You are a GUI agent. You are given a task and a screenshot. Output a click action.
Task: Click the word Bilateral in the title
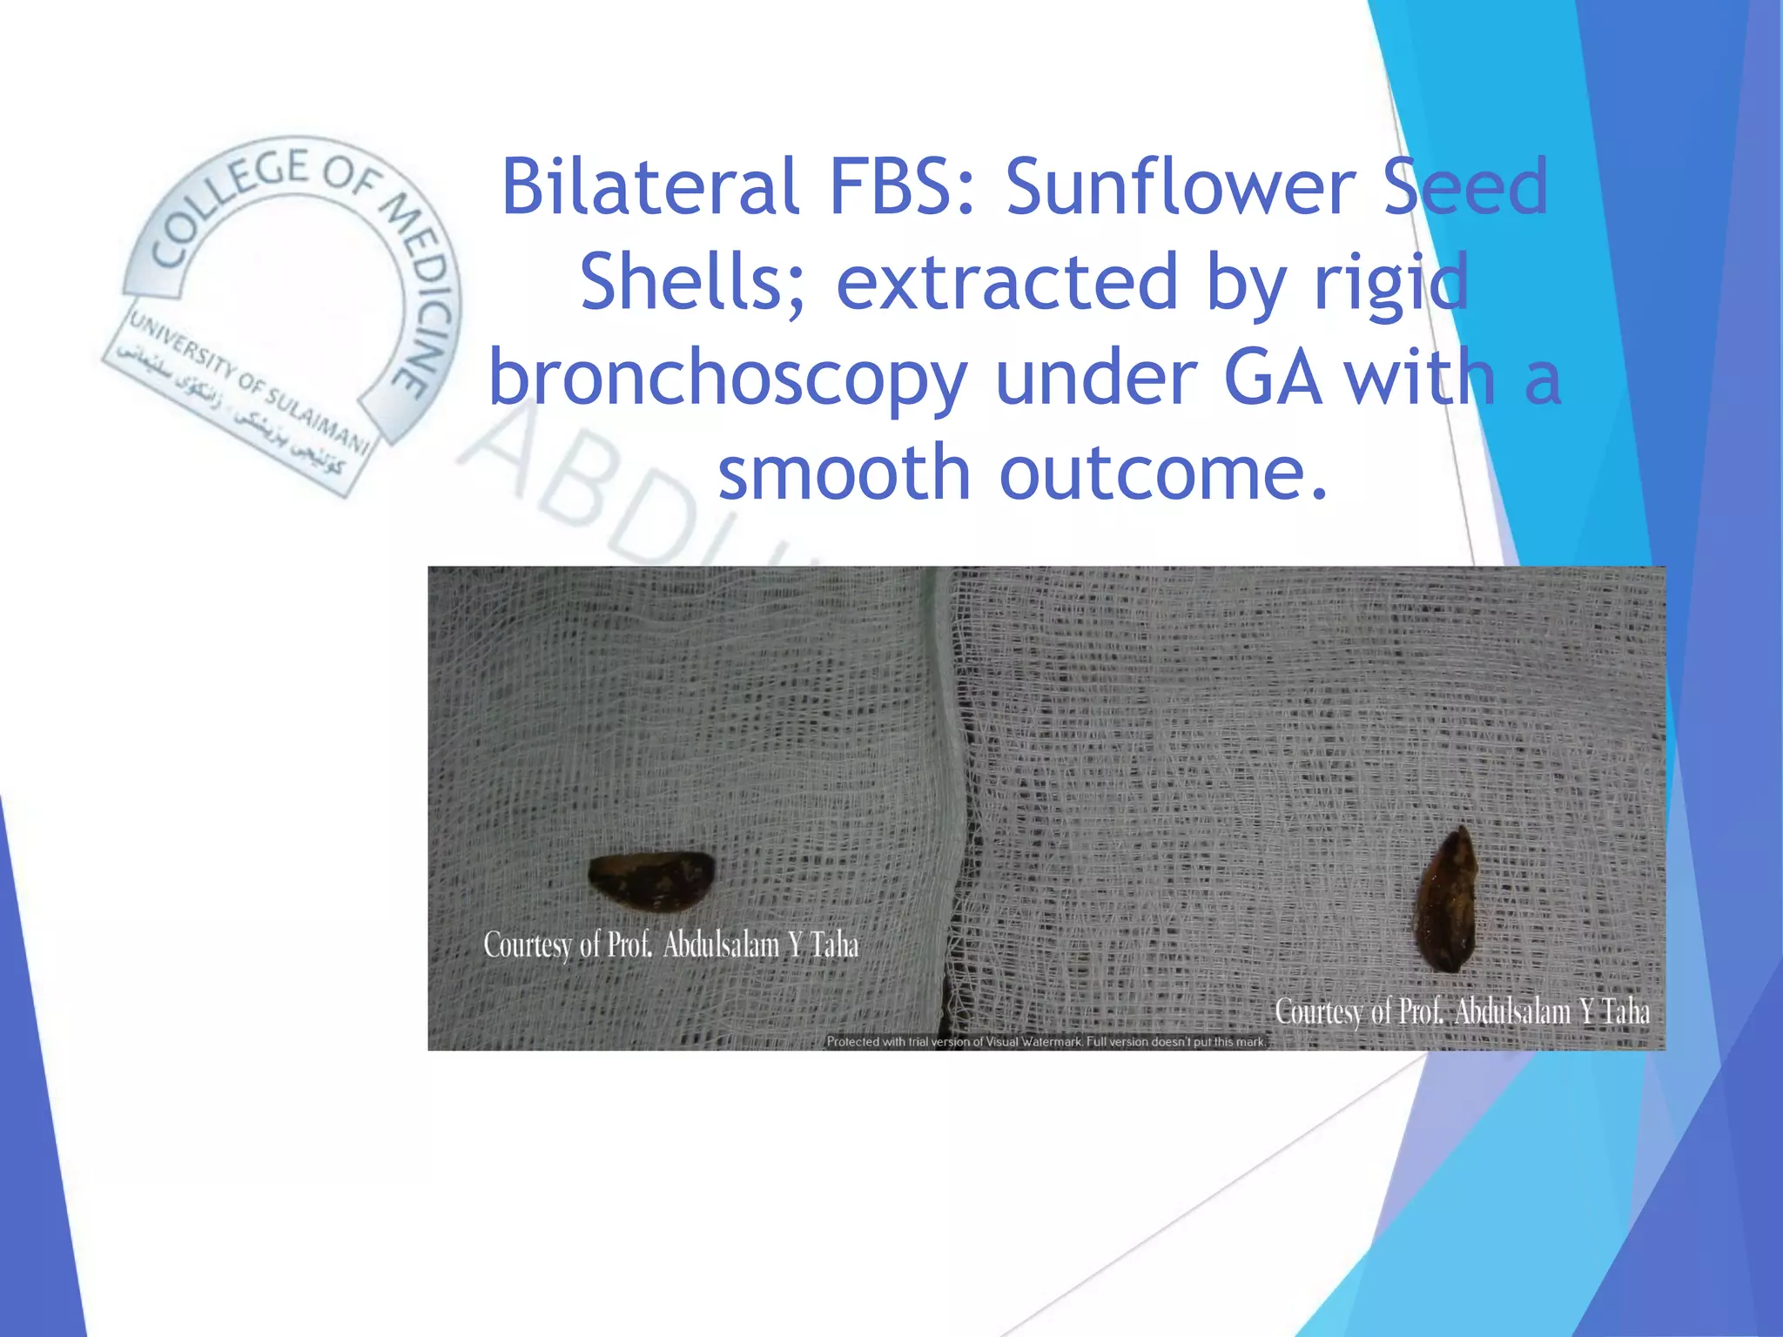tap(649, 186)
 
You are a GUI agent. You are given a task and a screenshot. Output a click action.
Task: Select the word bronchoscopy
tap(728, 378)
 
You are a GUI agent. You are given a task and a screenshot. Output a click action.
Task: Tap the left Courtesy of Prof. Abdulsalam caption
tap(670, 945)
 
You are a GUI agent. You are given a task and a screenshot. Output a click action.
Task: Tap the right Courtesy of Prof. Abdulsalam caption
tap(1462, 1011)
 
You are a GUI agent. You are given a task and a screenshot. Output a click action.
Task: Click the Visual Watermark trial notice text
tap(1045, 1042)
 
